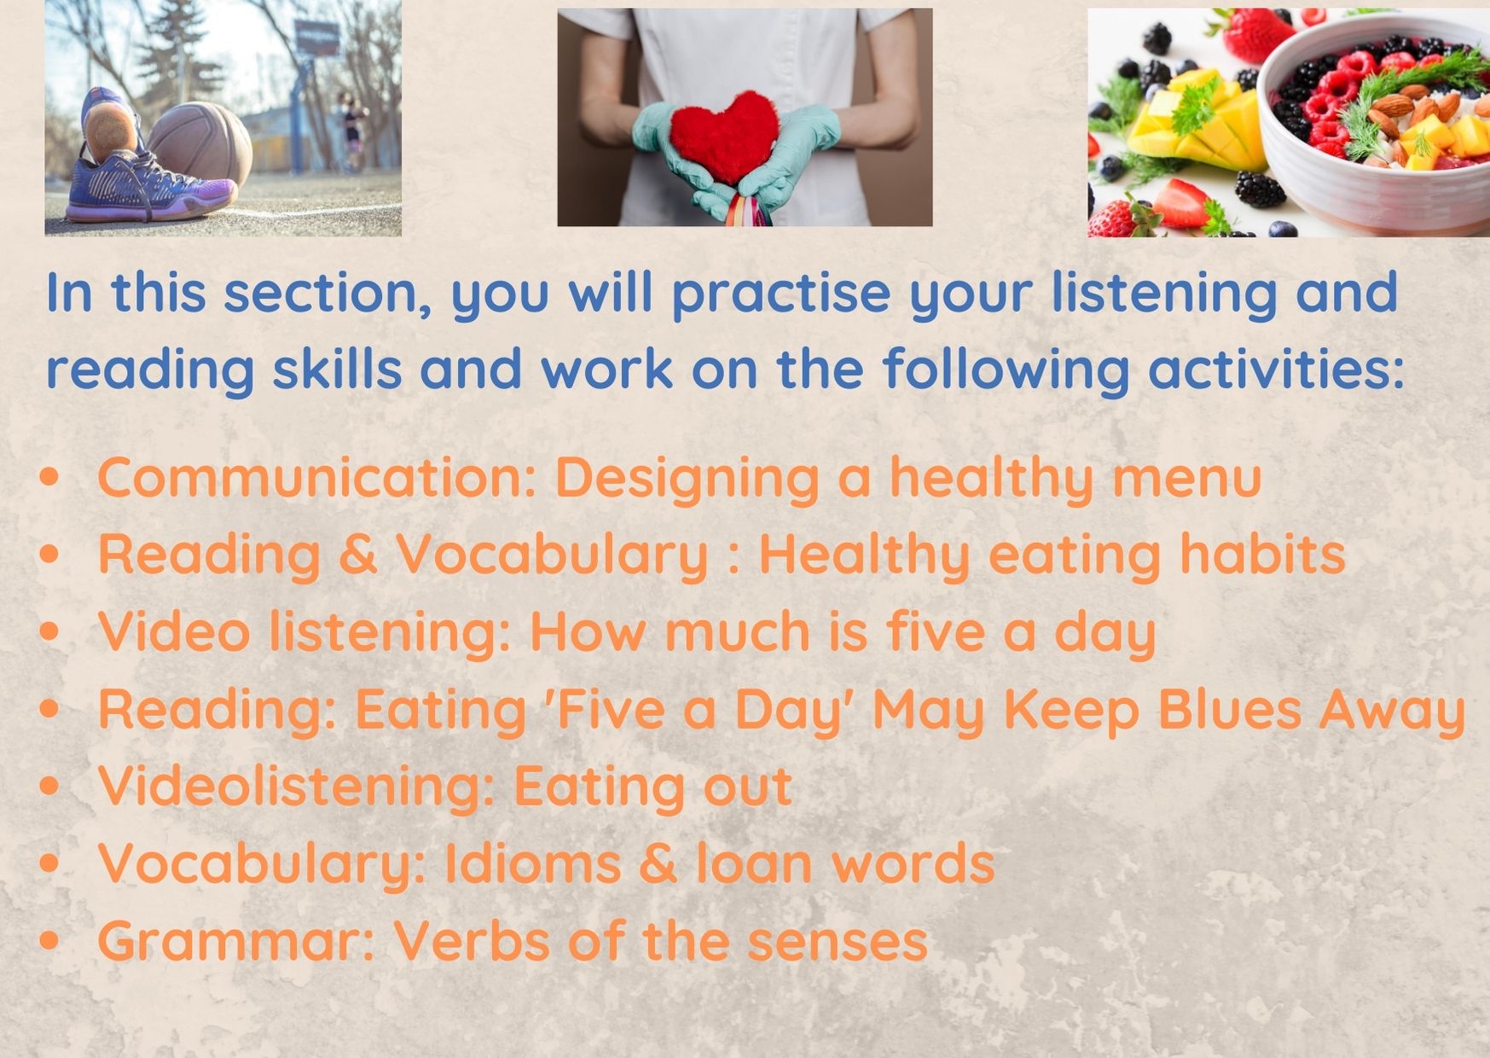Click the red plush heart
click(726, 137)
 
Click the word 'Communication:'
click(316, 477)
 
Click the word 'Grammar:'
click(236, 941)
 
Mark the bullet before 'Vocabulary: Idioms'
click(50, 863)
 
